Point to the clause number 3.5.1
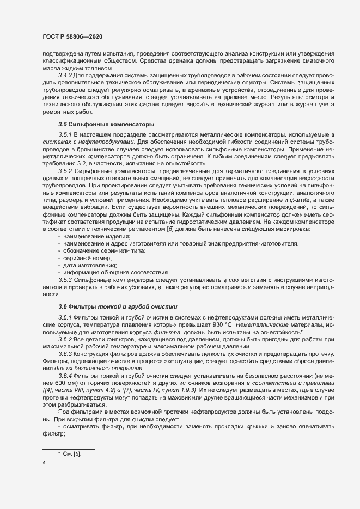[x=65, y=134]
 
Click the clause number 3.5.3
[x=65, y=279]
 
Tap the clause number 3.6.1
[x=65, y=317]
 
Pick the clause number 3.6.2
[x=65, y=339]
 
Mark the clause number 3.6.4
[x=65, y=376]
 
